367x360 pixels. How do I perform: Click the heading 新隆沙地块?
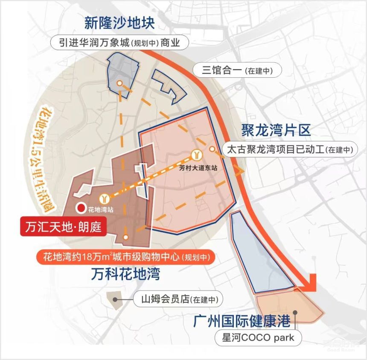(x=119, y=23)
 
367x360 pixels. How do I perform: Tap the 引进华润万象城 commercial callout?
(x=119, y=43)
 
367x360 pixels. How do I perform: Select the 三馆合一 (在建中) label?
(x=237, y=70)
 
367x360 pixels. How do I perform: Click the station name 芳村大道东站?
(x=198, y=168)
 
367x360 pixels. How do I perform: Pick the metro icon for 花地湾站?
(x=105, y=198)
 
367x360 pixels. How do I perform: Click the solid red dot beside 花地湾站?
(x=80, y=209)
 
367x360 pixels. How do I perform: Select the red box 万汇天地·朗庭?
(x=63, y=226)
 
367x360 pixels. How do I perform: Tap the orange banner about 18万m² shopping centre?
(x=125, y=257)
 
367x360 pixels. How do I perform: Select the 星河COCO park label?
(x=258, y=338)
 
